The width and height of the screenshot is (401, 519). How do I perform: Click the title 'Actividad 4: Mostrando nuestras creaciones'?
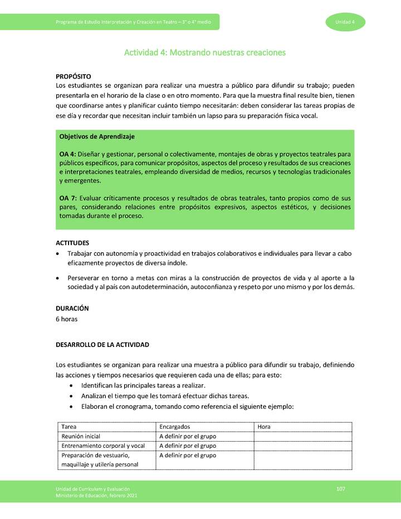204,53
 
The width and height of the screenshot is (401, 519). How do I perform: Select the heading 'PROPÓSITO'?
74,76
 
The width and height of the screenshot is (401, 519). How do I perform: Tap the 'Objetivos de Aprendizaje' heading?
97,136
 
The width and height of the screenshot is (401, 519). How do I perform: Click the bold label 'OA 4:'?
67,154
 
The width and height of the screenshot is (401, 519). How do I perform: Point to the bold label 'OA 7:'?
68,198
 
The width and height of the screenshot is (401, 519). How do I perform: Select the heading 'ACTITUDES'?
72,243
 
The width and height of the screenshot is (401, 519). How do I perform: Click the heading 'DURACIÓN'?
72,308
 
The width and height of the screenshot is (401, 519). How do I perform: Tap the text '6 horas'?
67,319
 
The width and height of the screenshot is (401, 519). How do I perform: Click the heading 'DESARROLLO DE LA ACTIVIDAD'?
102,345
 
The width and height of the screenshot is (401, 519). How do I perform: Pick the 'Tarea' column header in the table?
70,427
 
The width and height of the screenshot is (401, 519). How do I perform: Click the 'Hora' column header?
264,427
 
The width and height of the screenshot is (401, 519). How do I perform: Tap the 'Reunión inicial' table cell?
81,437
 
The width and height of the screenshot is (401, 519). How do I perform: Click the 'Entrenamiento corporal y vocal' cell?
103,446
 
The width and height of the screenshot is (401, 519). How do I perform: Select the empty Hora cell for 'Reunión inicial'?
302,437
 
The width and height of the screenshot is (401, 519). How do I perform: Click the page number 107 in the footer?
341,489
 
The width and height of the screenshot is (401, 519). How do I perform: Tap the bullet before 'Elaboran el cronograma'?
72,407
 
